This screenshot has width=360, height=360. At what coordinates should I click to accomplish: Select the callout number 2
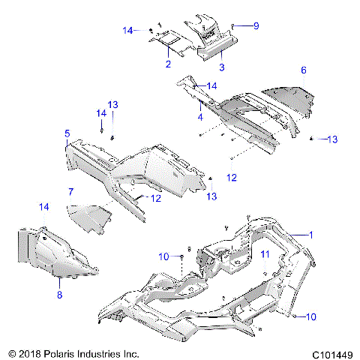coord(168,64)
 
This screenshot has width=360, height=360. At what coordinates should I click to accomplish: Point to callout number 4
coord(200,117)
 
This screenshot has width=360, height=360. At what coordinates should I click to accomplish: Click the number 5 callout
coord(67,133)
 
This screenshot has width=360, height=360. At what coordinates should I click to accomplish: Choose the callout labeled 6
coord(303,70)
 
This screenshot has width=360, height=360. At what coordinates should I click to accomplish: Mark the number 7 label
coord(70,191)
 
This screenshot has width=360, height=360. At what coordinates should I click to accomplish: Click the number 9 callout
coord(256,26)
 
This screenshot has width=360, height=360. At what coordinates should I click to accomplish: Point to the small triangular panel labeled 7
coord(88,217)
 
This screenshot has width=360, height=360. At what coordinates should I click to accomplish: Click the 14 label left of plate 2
coord(129,31)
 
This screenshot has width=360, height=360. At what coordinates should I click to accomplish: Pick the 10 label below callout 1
coord(311,317)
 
